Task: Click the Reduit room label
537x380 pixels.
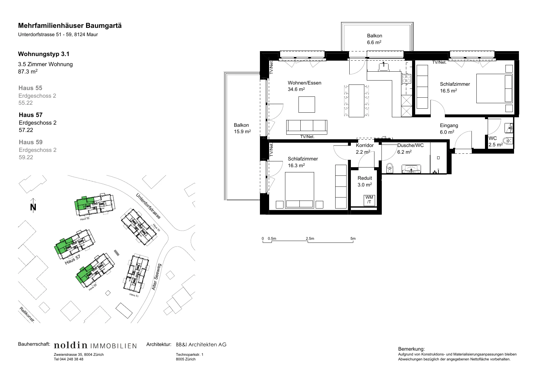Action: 365,178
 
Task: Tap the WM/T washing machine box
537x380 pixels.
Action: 369,200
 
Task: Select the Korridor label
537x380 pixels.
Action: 365,145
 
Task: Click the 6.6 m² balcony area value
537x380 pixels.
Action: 374,43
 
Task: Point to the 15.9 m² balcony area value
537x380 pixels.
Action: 242,132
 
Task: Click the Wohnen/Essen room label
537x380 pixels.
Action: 305,83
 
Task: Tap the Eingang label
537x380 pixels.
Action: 449,126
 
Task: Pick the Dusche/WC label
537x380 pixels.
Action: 411,145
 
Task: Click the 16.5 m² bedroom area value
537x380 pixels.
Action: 449,91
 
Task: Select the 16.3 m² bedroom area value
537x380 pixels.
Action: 296,165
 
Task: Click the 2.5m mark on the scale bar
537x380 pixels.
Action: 310,239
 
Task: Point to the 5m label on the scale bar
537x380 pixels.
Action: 353,239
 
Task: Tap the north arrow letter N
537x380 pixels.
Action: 33,207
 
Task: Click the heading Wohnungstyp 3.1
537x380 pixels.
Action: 44,54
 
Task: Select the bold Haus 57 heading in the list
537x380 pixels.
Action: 31,115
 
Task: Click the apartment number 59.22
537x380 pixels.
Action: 26,157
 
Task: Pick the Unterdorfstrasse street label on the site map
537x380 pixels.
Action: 148,206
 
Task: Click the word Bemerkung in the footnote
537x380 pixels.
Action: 411,349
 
